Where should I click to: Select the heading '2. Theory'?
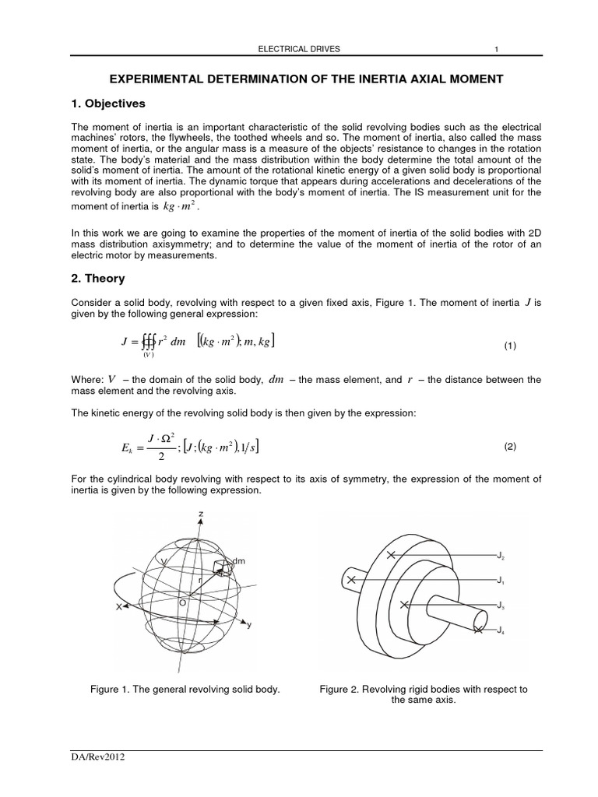click(x=97, y=278)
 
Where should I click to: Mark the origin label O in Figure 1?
click(x=182, y=602)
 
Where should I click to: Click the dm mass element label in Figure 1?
click(x=238, y=560)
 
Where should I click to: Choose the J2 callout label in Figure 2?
click(x=501, y=557)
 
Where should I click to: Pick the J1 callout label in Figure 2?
click(x=501, y=581)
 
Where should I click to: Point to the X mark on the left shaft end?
click(x=353, y=580)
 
